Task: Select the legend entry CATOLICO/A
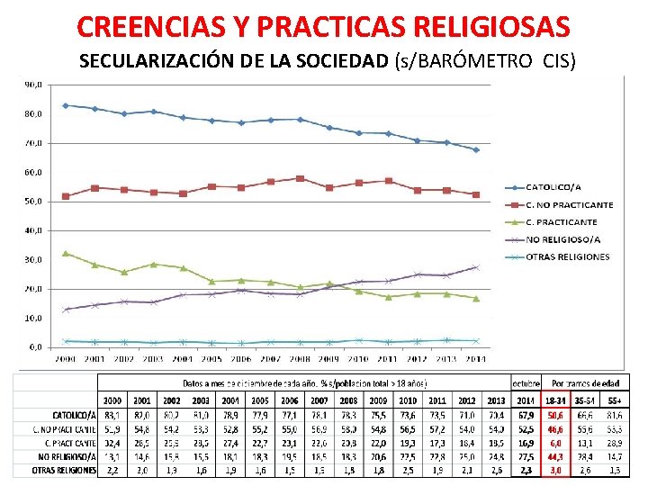553,187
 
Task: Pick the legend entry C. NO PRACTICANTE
569,204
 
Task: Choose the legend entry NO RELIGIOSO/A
562,239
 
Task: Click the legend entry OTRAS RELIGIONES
567,256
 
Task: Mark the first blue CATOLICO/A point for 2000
66,105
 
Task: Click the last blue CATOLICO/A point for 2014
476,149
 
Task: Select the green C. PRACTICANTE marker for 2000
66,253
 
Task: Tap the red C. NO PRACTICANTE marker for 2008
300,178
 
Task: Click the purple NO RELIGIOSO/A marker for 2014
476,267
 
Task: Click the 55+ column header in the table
614,400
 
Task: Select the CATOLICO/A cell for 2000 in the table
112,415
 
